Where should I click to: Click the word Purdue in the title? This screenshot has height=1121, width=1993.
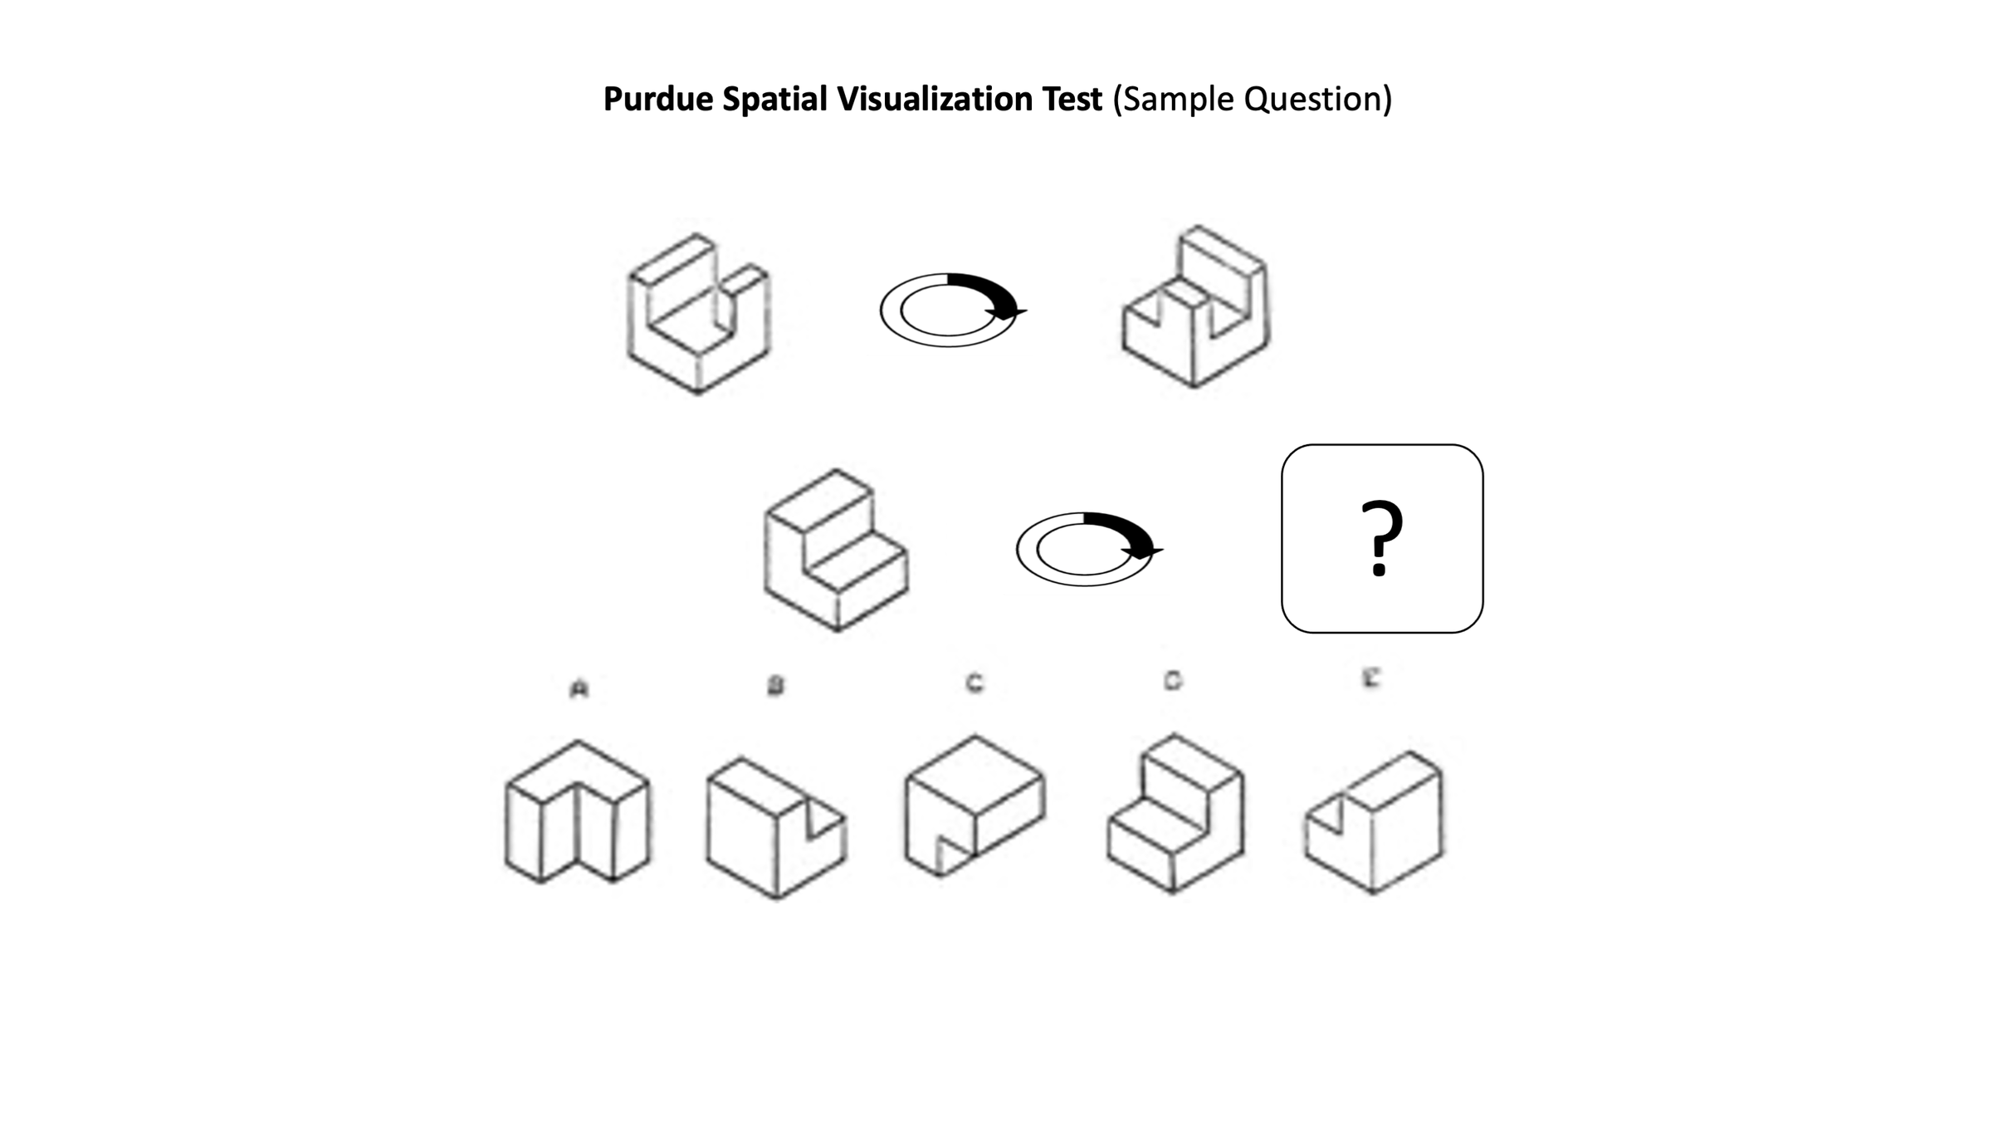coord(657,100)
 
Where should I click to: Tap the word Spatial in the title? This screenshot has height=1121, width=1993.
coord(774,100)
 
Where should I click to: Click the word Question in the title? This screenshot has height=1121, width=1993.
coord(1315,100)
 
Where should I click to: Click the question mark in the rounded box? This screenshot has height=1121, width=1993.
coord(1381,538)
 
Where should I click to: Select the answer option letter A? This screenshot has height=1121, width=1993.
coord(579,689)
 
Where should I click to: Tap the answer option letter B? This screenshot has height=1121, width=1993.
coord(775,686)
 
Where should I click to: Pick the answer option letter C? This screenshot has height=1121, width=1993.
coord(975,683)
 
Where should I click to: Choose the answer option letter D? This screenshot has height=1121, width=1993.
coord(1172,681)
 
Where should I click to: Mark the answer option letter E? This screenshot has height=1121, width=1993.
coord(1371,678)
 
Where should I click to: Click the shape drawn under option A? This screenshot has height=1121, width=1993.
coord(578,812)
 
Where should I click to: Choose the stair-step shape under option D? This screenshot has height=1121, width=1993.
coord(1175,814)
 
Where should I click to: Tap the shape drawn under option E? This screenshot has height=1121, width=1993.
coord(1374,822)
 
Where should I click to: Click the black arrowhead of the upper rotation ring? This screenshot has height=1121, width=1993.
coord(1008,312)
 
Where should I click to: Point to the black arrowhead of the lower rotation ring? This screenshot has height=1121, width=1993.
coord(1144,551)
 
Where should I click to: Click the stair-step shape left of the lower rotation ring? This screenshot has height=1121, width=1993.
coord(836,550)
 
